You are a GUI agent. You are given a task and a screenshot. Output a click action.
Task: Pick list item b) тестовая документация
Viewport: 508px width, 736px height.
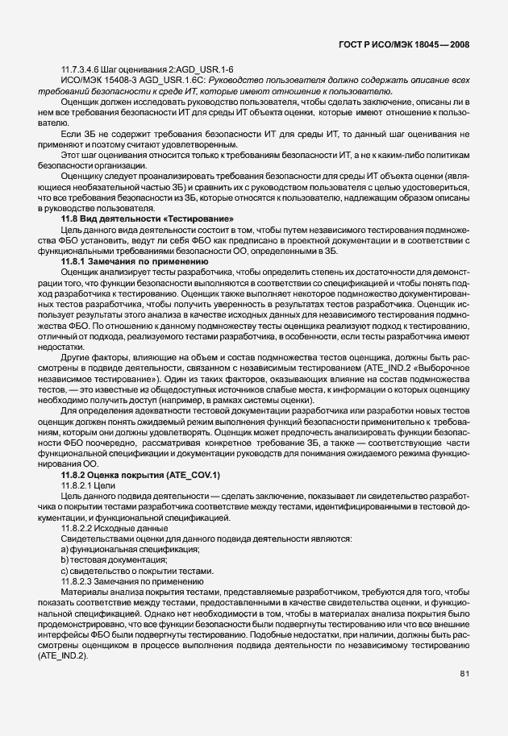(115, 559)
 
